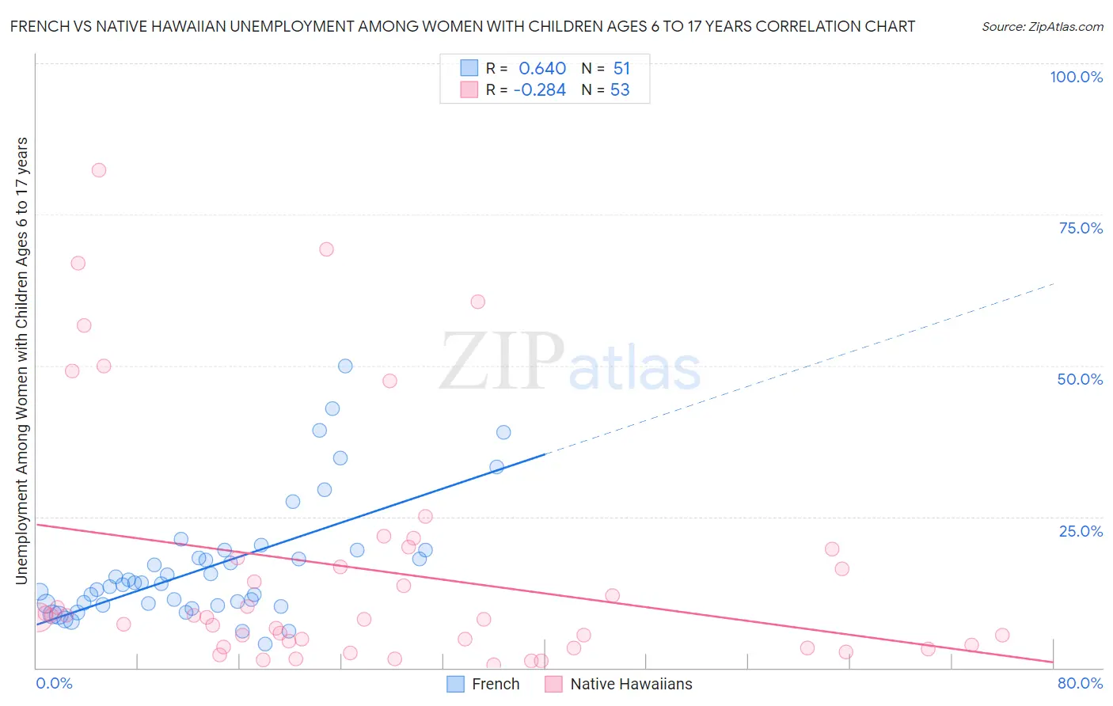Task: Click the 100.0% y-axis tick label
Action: coord(1076,77)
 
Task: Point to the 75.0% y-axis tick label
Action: coord(1081,228)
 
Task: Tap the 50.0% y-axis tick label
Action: coord(1080,379)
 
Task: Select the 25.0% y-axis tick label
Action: coord(1081,530)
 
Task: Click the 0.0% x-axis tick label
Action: coord(54,683)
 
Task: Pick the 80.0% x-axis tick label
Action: coord(1080,683)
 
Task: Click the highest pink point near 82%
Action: coord(99,170)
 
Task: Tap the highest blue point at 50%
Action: coord(345,366)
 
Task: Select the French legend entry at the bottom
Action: coord(483,684)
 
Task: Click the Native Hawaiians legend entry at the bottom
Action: coord(619,684)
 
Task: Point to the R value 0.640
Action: coord(542,69)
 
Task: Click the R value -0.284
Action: coord(539,90)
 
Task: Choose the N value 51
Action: coord(621,69)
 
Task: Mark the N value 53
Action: coord(620,90)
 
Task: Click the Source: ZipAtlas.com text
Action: coord(1042,27)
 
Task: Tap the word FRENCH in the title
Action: coord(39,26)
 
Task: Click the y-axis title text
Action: coord(21,360)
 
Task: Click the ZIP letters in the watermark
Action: coord(502,362)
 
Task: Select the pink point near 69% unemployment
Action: coord(326,249)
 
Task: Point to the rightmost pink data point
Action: coord(1002,635)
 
